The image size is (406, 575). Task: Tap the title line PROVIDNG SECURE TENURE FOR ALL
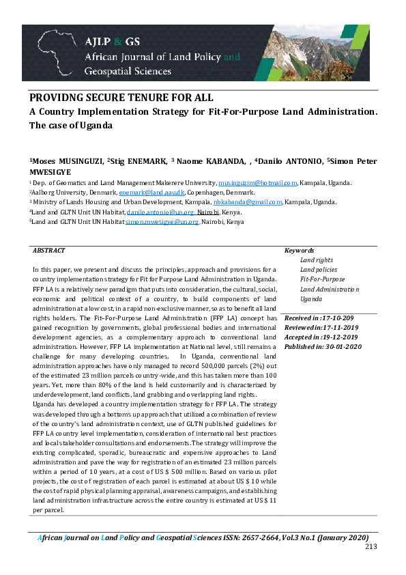(121, 98)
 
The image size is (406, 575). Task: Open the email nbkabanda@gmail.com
(243, 203)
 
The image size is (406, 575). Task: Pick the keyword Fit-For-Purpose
(323, 279)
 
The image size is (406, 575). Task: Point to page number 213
(371, 546)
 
